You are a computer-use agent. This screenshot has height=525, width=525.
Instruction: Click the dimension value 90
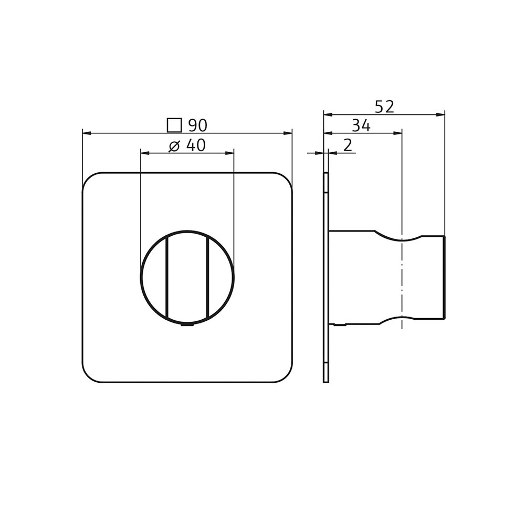(x=198, y=125)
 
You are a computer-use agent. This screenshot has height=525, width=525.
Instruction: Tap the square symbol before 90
(x=174, y=125)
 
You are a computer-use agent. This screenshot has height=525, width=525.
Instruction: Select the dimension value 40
(x=195, y=145)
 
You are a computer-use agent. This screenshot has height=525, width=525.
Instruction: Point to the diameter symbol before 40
(x=175, y=146)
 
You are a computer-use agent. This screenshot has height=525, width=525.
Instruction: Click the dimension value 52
(x=384, y=107)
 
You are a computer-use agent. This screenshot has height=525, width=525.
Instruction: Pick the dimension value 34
(x=361, y=126)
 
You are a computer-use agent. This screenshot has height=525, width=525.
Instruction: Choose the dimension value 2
(x=348, y=145)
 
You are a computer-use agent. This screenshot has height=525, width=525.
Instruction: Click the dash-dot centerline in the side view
(x=402, y=278)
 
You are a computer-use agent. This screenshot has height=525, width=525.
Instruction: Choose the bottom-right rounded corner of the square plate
(x=286, y=376)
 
